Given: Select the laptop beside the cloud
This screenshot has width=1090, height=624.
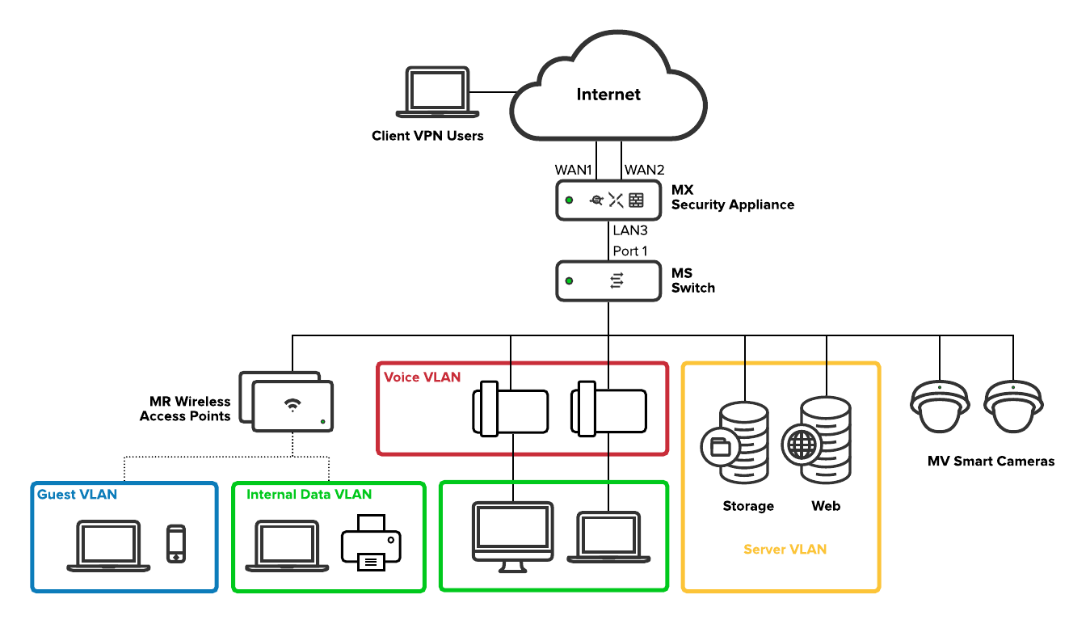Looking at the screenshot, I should (437, 92).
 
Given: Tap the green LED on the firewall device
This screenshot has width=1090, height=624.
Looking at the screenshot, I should (569, 200).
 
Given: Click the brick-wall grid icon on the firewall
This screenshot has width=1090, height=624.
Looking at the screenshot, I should (637, 200).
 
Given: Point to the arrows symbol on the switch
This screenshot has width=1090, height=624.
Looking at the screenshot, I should (617, 280).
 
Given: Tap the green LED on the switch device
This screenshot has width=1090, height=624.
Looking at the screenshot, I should (569, 280).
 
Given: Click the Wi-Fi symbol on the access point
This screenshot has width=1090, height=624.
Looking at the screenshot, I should (292, 405).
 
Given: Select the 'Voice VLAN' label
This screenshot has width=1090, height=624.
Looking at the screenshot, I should (422, 377).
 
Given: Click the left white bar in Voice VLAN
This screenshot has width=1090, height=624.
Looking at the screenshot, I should (489, 409).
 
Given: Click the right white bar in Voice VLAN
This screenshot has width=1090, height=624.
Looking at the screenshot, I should (587, 409).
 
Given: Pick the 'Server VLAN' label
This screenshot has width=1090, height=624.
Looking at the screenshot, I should (785, 550).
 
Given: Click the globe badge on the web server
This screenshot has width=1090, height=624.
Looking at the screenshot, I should (801, 445).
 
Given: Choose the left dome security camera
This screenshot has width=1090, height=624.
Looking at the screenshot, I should (940, 407).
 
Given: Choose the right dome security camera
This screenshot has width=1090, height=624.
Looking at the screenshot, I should (1013, 407).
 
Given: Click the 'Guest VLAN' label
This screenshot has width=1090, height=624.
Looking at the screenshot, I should (77, 495).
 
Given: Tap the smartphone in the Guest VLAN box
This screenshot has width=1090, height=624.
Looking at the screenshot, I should (175, 544).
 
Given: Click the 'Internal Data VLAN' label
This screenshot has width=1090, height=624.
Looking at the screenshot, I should (309, 495).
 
